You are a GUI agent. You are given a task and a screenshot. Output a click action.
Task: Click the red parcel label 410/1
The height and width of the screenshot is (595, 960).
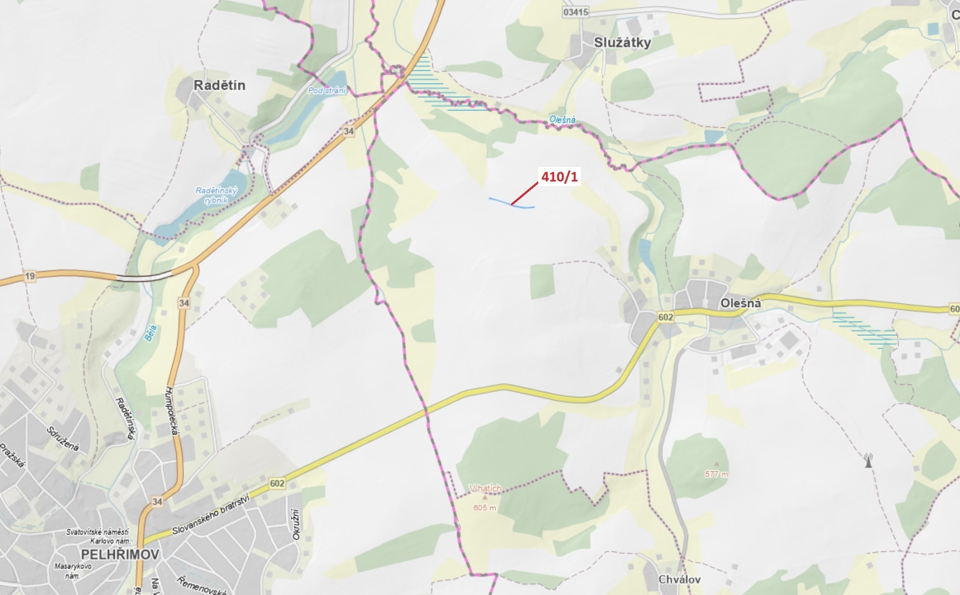559,177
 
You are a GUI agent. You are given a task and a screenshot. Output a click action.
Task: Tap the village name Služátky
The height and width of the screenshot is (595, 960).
622,42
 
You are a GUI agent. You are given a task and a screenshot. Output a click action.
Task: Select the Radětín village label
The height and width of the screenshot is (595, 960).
219,85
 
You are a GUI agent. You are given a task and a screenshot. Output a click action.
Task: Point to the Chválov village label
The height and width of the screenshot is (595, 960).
679,579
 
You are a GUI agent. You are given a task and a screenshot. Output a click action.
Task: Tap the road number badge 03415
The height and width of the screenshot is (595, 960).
576,12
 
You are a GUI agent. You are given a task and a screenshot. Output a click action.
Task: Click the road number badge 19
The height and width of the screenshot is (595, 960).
30,276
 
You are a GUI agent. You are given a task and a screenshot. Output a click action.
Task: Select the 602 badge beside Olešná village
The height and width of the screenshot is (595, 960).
665,317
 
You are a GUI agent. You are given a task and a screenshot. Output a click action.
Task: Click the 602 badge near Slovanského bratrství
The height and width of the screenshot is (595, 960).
277,483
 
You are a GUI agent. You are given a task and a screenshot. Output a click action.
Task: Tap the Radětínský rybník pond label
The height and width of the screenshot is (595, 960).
216,195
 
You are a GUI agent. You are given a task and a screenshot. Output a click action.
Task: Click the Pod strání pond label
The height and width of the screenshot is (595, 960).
327,90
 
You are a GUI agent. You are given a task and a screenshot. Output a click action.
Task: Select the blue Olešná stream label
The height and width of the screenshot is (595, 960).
562,119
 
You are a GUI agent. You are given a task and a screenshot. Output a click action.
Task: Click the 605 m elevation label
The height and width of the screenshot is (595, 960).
484,508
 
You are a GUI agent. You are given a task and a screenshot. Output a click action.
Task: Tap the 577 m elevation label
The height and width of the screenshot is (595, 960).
716,474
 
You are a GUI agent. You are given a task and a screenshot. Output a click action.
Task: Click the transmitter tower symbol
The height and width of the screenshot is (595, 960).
868,460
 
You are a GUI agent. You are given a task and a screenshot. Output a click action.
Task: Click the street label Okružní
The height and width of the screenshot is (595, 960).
296,525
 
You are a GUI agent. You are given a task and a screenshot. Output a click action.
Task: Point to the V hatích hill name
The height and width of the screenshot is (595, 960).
485,488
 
